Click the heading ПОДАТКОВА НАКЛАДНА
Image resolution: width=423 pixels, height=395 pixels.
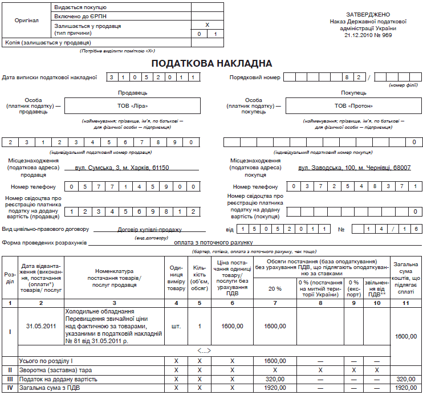(211, 63)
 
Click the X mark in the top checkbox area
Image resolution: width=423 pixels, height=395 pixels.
(207, 25)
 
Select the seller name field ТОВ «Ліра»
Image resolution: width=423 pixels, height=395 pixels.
(132, 106)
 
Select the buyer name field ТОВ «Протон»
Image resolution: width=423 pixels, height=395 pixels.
(353, 106)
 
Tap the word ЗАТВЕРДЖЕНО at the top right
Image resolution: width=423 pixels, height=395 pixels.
(368, 14)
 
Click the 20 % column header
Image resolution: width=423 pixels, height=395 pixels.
(275, 288)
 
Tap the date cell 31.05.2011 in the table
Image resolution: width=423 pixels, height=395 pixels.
(41, 326)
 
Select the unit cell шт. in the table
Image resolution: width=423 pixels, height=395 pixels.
(176, 326)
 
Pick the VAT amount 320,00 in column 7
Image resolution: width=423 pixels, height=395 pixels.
(275, 378)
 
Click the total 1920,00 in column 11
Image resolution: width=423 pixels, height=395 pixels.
(406, 388)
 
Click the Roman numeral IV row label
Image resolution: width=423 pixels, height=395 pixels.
(10, 388)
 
